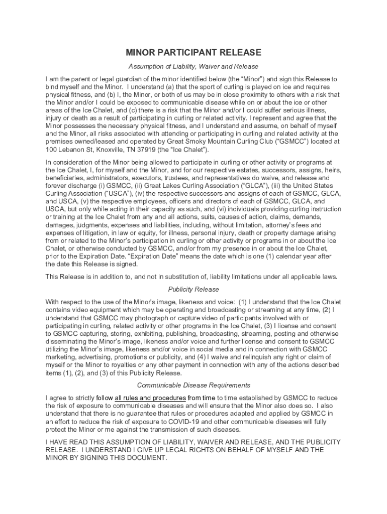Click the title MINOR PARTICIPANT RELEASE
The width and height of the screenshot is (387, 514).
click(193, 53)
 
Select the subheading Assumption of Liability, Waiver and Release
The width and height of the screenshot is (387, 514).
click(193, 66)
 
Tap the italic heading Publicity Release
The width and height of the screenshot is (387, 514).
click(193, 290)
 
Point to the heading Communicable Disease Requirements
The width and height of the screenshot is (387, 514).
click(193, 385)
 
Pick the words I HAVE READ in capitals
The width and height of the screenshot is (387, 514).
click(66, 442)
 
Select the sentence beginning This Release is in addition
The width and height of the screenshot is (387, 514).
click(191, 277)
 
